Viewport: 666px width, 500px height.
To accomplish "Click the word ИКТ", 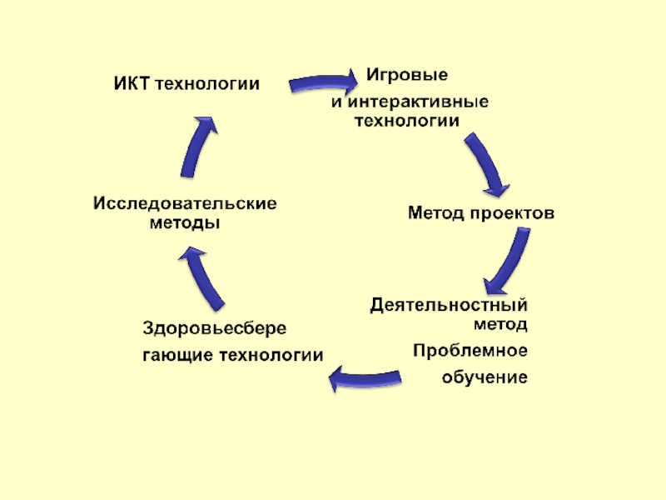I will coord(130,83).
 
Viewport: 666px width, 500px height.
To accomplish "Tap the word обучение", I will coord(485,377).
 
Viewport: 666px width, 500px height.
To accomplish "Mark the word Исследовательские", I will coord(185,203).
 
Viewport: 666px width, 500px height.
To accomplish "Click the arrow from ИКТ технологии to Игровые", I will coord(323,84).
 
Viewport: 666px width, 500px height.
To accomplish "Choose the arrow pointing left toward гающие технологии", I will coord(366,379).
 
